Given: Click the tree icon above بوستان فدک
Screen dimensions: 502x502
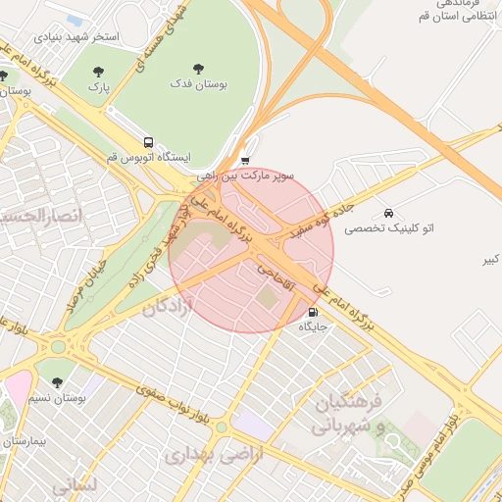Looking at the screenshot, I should tap(199, 70).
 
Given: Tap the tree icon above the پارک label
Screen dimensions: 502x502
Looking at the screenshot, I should tap(97, 71).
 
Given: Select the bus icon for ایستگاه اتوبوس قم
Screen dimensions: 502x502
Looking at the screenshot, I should tap(148, 141).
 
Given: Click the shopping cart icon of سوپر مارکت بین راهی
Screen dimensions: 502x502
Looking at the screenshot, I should tap(244, 162).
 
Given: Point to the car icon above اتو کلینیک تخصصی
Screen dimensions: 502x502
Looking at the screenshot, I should tap(389, 213).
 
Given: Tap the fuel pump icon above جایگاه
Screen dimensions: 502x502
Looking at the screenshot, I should tap(313, 313).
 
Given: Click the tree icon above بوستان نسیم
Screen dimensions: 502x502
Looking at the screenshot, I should tap(56, 382).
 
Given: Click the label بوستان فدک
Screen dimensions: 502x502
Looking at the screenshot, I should tap(199, 85).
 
